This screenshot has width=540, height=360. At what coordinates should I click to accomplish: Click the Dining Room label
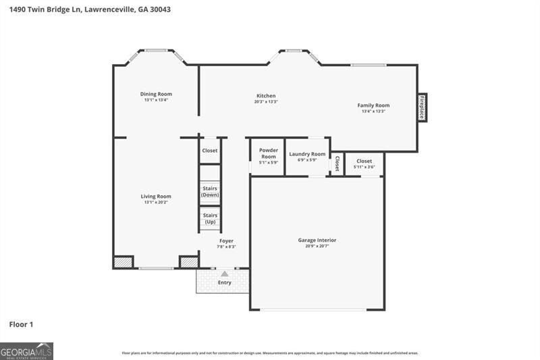tap(156, 94)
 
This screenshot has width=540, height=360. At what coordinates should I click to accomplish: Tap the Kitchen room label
tap(266, 96)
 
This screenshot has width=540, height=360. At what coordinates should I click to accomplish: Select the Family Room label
tap(373, 105)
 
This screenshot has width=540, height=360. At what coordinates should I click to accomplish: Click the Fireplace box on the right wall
tap(422, 107)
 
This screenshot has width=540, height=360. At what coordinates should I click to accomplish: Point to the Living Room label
tap(156, 197)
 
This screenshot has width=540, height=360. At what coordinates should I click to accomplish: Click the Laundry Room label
tap(307, 154)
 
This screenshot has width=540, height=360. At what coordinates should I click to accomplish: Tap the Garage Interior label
tap(317, 240)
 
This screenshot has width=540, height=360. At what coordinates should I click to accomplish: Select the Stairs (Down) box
tap(210, 192)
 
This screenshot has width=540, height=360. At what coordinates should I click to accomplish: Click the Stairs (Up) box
tap(210, 218)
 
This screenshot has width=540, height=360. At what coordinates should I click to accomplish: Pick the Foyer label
tap(226, 241)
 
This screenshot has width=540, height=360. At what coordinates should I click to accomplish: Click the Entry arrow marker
tap(225, 274)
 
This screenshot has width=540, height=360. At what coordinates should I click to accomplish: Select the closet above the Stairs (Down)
tap(210, 151)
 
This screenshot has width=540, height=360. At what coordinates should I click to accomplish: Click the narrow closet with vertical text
tap(337, 163)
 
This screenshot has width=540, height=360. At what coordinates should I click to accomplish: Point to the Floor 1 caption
tap(21, 325)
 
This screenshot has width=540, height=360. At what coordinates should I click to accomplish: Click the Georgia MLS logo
tap(26, 351)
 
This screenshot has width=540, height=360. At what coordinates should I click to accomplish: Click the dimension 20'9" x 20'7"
tap(317, 247)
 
